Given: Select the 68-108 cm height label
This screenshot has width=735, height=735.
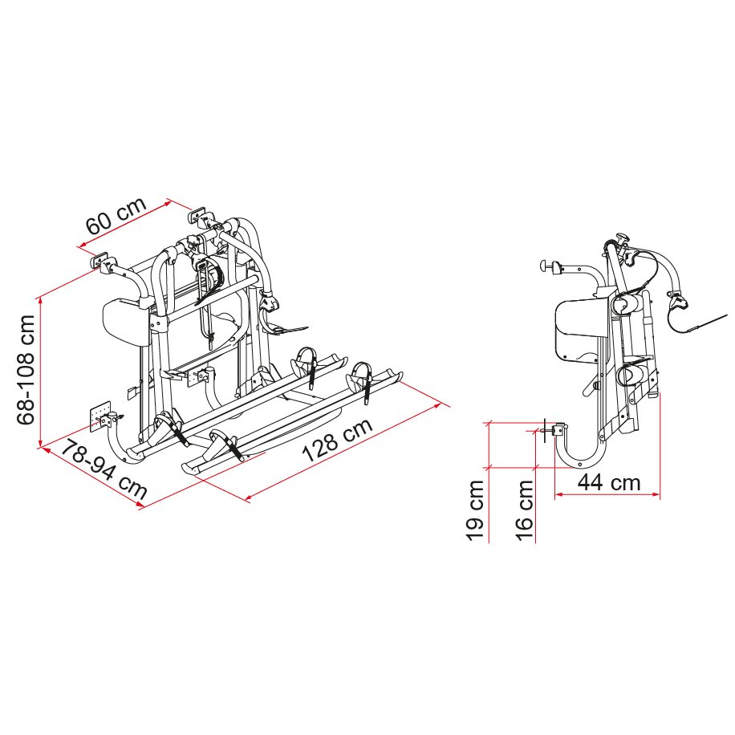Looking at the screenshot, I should click(x=27, y=368).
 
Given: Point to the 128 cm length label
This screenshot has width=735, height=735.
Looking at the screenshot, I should click(x=337, y=442).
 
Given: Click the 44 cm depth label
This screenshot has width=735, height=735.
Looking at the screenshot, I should click(x=609, y=482).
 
